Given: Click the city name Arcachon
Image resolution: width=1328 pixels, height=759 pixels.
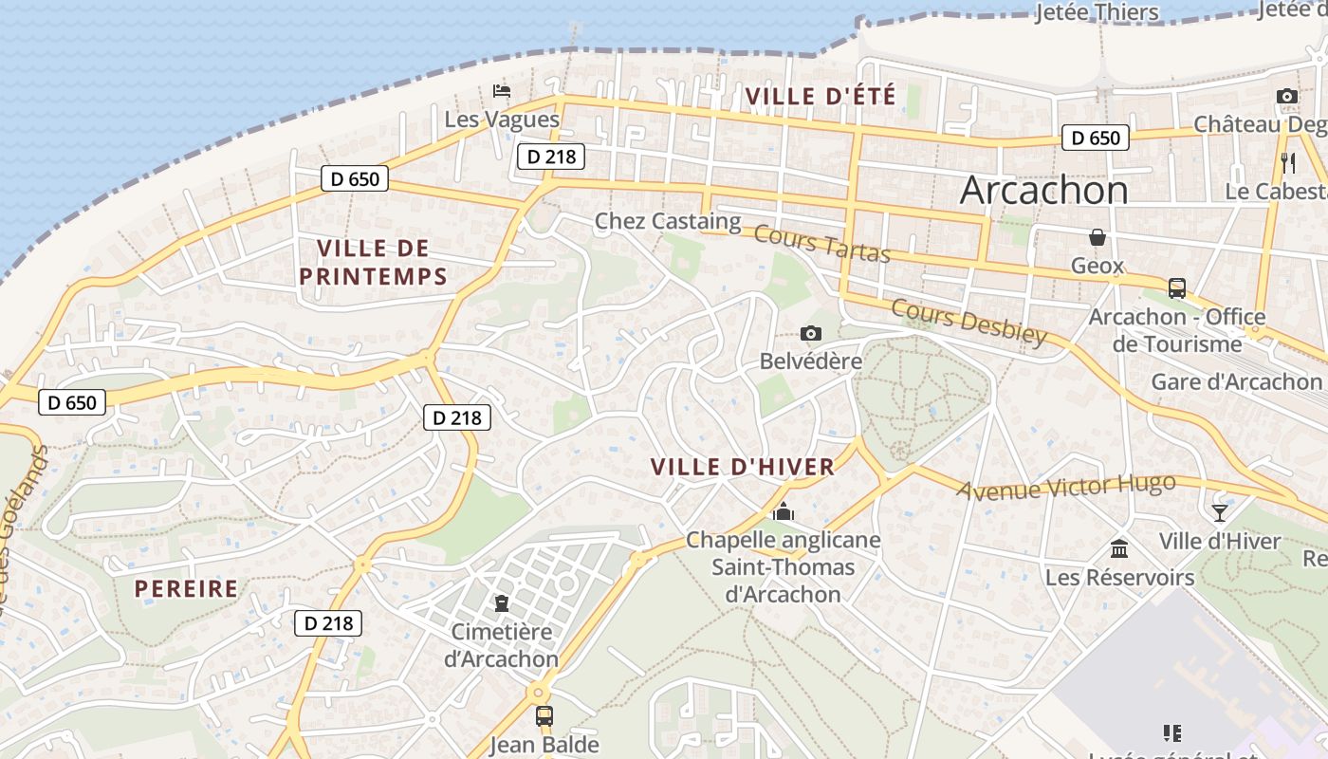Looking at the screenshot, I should tap(1043, 190).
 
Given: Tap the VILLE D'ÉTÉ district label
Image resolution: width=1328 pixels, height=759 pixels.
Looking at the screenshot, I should tap(821, 96).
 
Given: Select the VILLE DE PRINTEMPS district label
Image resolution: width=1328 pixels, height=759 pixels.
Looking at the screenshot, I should tap(373, 262).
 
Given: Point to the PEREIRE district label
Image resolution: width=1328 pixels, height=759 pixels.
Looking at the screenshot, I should tap(186, 588).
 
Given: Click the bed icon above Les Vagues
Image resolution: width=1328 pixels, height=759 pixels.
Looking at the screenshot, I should tap(502, 91).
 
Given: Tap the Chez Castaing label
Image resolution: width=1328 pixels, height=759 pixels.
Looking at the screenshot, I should tap(667, 221).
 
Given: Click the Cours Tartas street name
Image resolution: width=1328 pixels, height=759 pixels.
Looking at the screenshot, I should tap(823, 245).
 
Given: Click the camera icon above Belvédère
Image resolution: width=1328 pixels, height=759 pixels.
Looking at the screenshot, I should tap(810, 333).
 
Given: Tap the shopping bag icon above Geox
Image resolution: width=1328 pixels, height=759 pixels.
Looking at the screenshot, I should tap(1097, 236).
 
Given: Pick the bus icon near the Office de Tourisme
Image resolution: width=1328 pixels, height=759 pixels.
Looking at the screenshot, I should tap(1177, 287).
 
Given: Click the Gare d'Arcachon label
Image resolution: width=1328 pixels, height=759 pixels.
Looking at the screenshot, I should tap(1235, 381).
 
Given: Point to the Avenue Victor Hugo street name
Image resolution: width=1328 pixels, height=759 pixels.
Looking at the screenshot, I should tap(1066, 488).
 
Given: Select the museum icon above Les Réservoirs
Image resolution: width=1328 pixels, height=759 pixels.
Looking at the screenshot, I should tap(1119, 548).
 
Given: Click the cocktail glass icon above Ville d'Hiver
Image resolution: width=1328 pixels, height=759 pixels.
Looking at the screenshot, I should tap(1220, 513).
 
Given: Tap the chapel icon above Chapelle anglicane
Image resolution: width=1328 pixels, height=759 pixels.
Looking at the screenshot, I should tap(784, 512).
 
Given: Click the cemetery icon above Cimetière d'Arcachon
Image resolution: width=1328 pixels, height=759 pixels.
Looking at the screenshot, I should tap(502, 602).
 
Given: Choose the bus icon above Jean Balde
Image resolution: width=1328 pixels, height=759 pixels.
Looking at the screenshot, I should tap(544, 715).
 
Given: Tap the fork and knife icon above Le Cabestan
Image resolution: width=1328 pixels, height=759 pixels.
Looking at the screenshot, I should tap(1287, 162).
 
